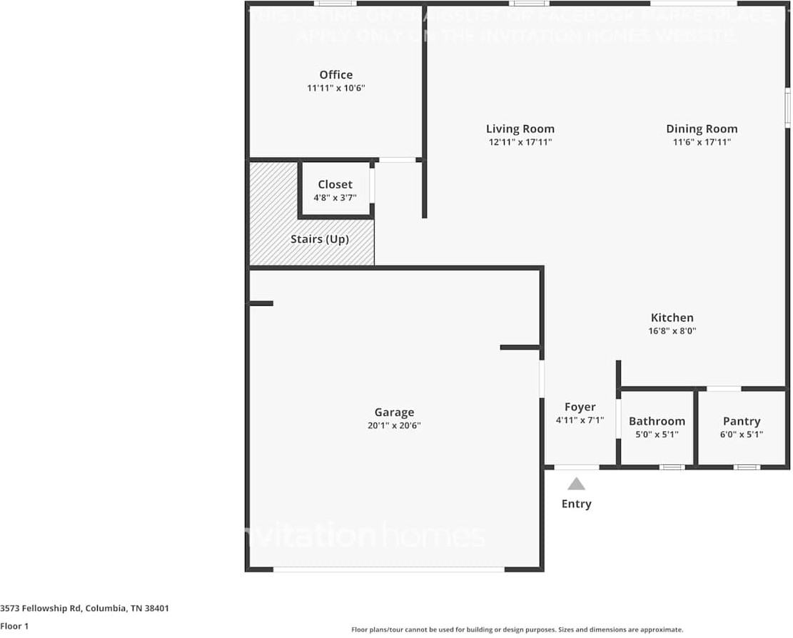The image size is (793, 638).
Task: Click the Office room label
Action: tap(335, 75)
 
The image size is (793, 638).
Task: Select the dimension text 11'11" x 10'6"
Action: tap(335, 89)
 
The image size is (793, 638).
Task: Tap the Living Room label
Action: tap(520, 129)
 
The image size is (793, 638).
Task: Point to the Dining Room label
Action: tap(701, 129)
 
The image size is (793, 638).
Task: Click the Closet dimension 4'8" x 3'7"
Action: tap(335, 198)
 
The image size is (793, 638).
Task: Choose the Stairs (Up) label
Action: tap(319, 239)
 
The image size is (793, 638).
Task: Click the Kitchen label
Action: tap(672, 318)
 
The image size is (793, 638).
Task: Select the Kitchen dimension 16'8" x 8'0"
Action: tap(672, 332)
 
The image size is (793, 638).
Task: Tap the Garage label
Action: tap(394, 412)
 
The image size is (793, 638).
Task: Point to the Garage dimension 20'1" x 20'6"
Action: tap(394, 426)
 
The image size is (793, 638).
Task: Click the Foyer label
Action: tap(580, 407)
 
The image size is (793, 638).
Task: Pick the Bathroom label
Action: tap(657, 422)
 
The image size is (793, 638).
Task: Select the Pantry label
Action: tap(742, 422)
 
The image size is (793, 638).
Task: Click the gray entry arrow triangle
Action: tap(577, 484)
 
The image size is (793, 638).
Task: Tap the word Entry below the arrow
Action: tap(576, 504)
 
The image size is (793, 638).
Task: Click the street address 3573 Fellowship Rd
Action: tap(84, 609)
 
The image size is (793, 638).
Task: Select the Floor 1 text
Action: tap(14, 626)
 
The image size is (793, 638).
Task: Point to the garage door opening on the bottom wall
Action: tap(389, 569)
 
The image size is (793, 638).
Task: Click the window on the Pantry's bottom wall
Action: tap(747, 467)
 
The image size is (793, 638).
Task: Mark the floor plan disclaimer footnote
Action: tap(517, 629)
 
